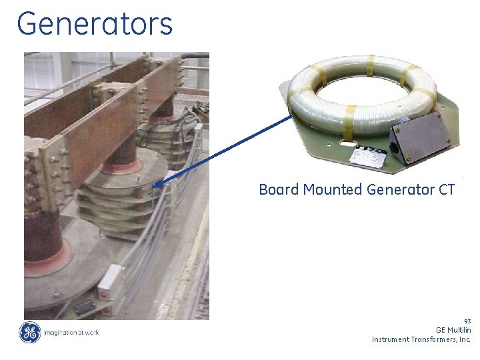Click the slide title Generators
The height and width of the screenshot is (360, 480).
coord(95,24)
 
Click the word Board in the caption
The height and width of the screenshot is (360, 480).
coord(279,190)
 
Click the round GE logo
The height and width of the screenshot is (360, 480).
coord(29,332)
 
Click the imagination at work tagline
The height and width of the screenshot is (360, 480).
coord(71,333)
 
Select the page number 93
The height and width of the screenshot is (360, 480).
coord(467,321)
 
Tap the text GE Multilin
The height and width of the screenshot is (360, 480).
coord(453,330)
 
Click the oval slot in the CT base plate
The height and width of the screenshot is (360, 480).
coord(347,141)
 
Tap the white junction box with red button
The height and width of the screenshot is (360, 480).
coord(108,281)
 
